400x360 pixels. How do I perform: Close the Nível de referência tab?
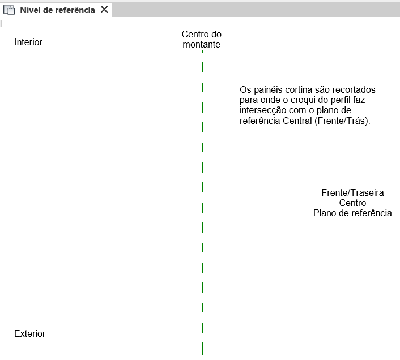coord(104,10)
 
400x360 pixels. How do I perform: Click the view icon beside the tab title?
coord(9,10)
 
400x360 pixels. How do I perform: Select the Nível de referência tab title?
coord(57,10)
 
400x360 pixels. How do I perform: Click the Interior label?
coord(28,42)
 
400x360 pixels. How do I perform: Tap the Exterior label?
coord(29,333)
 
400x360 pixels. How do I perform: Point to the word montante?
coord(202,44)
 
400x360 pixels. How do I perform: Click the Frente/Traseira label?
coord(352,192)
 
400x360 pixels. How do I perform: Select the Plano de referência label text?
coord(352,213)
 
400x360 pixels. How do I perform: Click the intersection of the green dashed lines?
coord(203,198)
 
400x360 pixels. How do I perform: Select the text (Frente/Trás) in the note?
coord(342,121)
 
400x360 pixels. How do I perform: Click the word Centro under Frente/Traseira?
coord(352,203)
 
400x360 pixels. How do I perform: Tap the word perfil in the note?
coord(343,100)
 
